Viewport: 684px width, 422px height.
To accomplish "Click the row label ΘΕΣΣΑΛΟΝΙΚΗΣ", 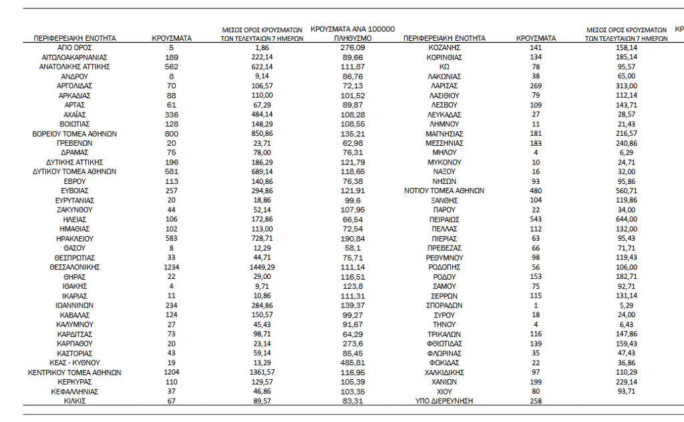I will pos(74,266).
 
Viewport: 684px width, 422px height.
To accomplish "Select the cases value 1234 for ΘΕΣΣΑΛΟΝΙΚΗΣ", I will pos(172,266).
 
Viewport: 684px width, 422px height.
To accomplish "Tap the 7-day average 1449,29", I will pos(262,266).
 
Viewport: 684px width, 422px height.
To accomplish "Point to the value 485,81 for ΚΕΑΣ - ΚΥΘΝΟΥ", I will pos(353,363).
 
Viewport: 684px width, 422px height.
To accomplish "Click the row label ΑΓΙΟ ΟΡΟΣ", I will pos(74,48).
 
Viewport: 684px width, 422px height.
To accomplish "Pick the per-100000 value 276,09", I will pos(353,48).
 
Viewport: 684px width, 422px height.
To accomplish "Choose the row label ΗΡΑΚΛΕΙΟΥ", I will pos(74,237).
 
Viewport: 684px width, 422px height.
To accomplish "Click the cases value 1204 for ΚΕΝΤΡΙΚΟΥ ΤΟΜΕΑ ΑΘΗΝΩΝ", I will pos(172,373).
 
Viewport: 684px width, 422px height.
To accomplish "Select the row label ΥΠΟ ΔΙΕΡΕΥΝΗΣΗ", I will pos(444,401).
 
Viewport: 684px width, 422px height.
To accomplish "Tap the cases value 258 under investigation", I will pos(536,401).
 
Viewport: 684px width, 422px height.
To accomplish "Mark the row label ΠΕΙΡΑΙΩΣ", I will pos(444,218).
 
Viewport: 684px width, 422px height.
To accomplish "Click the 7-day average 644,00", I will pos(627,218).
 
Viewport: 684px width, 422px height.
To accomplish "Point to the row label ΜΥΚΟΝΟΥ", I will pos(444,161).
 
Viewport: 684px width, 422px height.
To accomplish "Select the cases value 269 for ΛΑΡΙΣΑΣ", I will pos(536,86).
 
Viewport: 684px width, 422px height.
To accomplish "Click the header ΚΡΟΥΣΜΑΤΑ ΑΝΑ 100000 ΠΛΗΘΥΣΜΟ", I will pos(353,34).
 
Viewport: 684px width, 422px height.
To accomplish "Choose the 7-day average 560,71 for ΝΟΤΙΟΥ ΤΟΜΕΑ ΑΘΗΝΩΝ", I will pos(627,190).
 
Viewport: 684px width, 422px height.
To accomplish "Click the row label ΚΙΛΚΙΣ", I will pos(74,401).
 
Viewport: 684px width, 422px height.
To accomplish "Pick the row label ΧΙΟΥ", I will pos(444,391).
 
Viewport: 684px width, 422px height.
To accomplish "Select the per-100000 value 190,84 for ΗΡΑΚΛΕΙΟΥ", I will pos(353,237).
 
